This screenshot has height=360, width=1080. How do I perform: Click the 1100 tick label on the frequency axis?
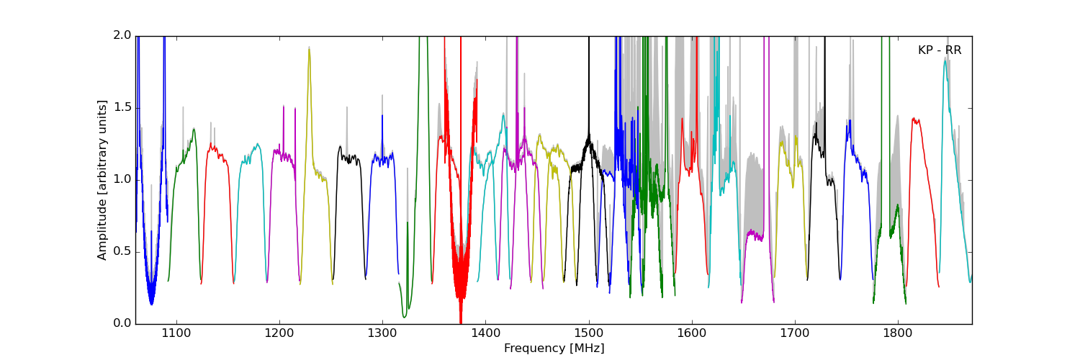176,333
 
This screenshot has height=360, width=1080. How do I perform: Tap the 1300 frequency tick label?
382,333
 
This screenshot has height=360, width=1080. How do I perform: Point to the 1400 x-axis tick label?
485,333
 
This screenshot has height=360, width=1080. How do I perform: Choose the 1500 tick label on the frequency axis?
589,333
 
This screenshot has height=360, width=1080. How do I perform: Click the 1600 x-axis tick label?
692,333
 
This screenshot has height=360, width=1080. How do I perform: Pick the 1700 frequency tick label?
795,333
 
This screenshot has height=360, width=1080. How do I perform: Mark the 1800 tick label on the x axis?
899,333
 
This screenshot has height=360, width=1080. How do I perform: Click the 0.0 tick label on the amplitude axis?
122,324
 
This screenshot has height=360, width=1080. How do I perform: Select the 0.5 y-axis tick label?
122,252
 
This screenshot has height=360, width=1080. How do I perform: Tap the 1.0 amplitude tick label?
122,180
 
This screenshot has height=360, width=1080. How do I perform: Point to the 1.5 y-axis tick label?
122,108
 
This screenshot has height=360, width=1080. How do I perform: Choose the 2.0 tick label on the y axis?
122,36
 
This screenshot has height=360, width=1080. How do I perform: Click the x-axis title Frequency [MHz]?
554,348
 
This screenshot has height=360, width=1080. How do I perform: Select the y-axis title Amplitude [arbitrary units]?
102,180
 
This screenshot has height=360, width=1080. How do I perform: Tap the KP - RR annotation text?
940,50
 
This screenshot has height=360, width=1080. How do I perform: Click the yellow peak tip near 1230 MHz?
309,48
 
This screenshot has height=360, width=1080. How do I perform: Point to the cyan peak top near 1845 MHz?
945,60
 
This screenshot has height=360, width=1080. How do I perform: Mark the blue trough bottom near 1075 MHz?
151,305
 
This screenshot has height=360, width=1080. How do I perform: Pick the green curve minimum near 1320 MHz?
405,317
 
